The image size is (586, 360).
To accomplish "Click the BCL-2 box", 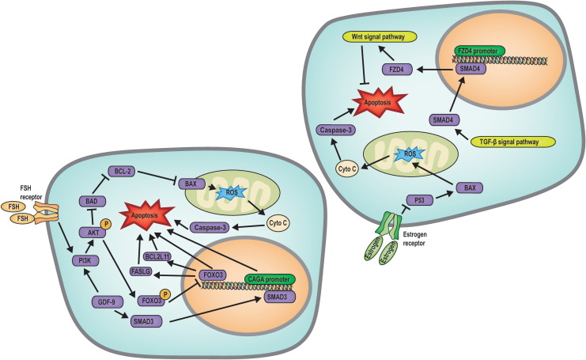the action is click(122, 172).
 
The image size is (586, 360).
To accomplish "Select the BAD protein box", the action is click(92, 202).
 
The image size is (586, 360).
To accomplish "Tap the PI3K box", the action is click(85, 260).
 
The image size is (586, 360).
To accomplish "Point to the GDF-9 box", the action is click(106, 301).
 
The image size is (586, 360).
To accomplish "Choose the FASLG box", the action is click(141, 271).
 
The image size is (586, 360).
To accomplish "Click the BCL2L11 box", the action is click(157, 256).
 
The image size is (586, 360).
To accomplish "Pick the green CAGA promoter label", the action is click(270, 279).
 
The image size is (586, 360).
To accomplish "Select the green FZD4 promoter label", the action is click(479, 51).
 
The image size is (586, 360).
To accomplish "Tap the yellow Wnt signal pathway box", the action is click(379, 36).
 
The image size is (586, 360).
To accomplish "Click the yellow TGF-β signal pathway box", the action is click(512, 142).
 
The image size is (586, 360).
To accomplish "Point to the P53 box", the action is click(419, 200).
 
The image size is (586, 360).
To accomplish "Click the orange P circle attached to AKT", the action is click(106, 224).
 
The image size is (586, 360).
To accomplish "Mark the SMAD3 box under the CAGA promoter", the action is click(280, 297).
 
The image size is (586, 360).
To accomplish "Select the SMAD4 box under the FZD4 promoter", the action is click(471, 69).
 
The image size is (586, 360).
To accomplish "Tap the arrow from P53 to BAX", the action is click(444, 196).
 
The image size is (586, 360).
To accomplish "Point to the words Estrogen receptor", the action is click(415, 239).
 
